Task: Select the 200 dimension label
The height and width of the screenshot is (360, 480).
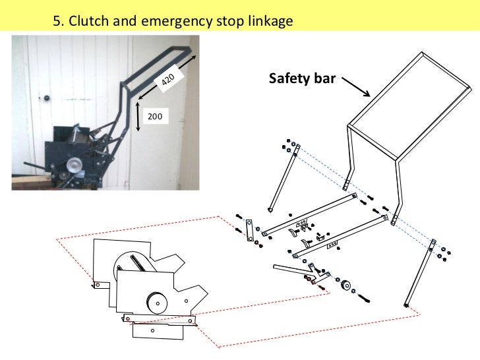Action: tap(156, 116)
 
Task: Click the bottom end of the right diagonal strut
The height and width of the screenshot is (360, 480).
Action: tap(407, 305)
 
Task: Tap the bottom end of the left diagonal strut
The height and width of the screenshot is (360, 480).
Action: tap(270, 209)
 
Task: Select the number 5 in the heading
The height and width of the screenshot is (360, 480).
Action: tap(57, 22)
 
